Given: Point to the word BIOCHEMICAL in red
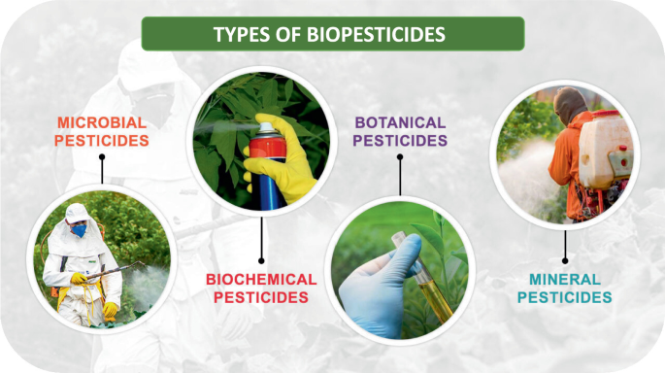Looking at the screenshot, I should click(261, 280).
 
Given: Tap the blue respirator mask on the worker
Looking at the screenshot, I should click(78, 230).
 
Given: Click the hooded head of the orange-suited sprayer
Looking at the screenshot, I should click(572, 105).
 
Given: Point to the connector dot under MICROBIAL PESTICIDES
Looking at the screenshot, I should click(102, 183).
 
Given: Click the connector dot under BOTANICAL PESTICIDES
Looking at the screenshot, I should click(400, 194).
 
